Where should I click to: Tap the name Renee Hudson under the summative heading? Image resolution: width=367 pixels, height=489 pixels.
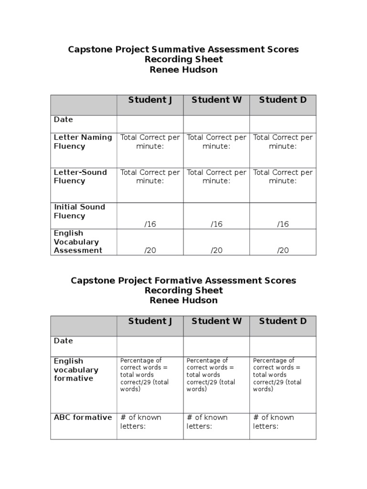183,70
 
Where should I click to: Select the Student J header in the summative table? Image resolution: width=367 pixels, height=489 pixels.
150,100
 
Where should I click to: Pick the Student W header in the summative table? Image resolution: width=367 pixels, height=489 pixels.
216,100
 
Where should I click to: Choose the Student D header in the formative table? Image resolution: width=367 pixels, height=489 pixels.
283,321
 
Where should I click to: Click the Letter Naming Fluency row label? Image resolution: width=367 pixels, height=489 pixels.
83,142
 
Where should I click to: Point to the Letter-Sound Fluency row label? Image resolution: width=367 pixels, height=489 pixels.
80,177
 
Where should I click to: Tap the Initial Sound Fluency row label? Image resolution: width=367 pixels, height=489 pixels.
79,211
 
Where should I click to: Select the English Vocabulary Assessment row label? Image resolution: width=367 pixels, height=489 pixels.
78,242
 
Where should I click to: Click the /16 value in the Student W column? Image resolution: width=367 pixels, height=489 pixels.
216,224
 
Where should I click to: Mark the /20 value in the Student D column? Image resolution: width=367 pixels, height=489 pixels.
283,251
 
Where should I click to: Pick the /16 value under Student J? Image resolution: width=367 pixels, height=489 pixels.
150,224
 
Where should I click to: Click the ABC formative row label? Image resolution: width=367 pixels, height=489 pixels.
83,417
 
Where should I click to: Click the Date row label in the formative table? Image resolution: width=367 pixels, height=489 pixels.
64,341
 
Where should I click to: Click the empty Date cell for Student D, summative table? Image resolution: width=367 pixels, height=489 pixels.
283,124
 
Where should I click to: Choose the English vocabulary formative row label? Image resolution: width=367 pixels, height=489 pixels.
76,370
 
